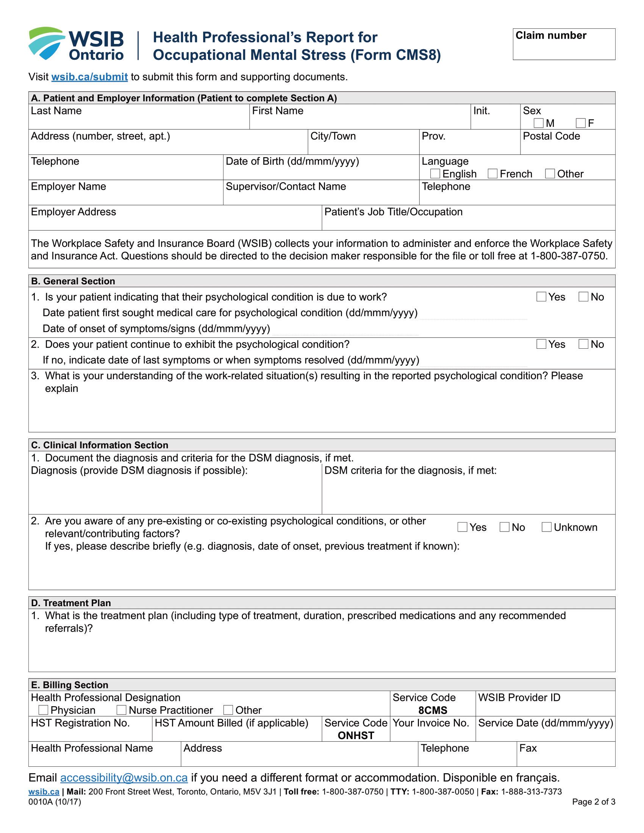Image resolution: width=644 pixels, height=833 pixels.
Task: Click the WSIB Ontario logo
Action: (x=76, y=44)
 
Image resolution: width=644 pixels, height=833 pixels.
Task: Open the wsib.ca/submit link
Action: (x=89, y=77)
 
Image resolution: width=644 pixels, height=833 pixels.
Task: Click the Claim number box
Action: (x=564, y=44)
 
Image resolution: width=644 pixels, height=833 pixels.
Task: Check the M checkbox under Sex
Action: (x=538, y=123)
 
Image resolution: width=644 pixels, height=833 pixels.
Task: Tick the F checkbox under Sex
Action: (x=580, y=123)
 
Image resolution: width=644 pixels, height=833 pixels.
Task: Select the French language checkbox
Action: (x=492, y=174)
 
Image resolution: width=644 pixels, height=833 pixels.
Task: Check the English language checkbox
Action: (x=435, y=174)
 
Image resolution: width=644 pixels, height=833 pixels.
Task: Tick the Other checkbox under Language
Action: (x=550, y=174)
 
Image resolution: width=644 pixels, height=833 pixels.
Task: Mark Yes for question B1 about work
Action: (x=541, y=297)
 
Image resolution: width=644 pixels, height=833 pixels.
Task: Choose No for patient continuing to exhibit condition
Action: (x=583, y=344)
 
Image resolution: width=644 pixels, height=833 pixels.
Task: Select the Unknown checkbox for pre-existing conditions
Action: (x=546, y=527)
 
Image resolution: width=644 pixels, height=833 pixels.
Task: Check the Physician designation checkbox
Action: (x=44, y=710)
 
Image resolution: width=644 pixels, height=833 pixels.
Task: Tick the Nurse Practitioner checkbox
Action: (x=122, y=710)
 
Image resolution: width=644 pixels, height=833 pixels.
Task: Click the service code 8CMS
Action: (x=433, y=710)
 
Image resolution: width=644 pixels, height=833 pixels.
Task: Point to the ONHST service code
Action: (x=356, y=735)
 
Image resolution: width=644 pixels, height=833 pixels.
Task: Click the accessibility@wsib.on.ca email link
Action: (x=124, y=778)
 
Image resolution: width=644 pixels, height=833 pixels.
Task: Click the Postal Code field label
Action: (x=551, y=136)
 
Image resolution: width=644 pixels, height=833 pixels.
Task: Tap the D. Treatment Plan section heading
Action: (x=71, y=603)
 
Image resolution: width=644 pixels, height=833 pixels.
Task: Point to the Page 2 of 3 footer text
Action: (x=593, y=802)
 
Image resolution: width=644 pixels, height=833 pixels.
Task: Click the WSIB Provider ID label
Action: (x=519, y=697)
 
